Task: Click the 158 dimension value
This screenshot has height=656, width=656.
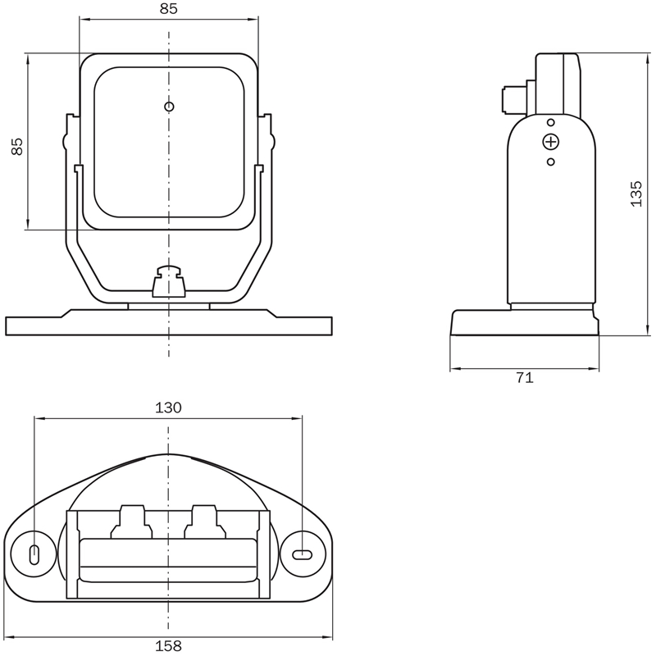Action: pos(169,645)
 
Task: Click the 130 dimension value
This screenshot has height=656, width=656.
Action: pos(169,407)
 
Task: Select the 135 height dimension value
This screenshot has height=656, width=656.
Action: pos(636,194)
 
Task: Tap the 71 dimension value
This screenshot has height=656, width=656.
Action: pos(525,378)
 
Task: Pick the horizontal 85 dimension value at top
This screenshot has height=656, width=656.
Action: pos(169,8)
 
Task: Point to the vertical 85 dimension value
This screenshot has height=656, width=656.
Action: pos(17,147)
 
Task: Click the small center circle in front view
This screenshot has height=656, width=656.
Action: pos(169,107)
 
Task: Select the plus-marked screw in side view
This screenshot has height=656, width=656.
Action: pos(550,142)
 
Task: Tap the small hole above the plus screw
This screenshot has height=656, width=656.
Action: pos(551,122)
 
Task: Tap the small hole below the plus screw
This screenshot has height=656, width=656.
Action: pos(551,162)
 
